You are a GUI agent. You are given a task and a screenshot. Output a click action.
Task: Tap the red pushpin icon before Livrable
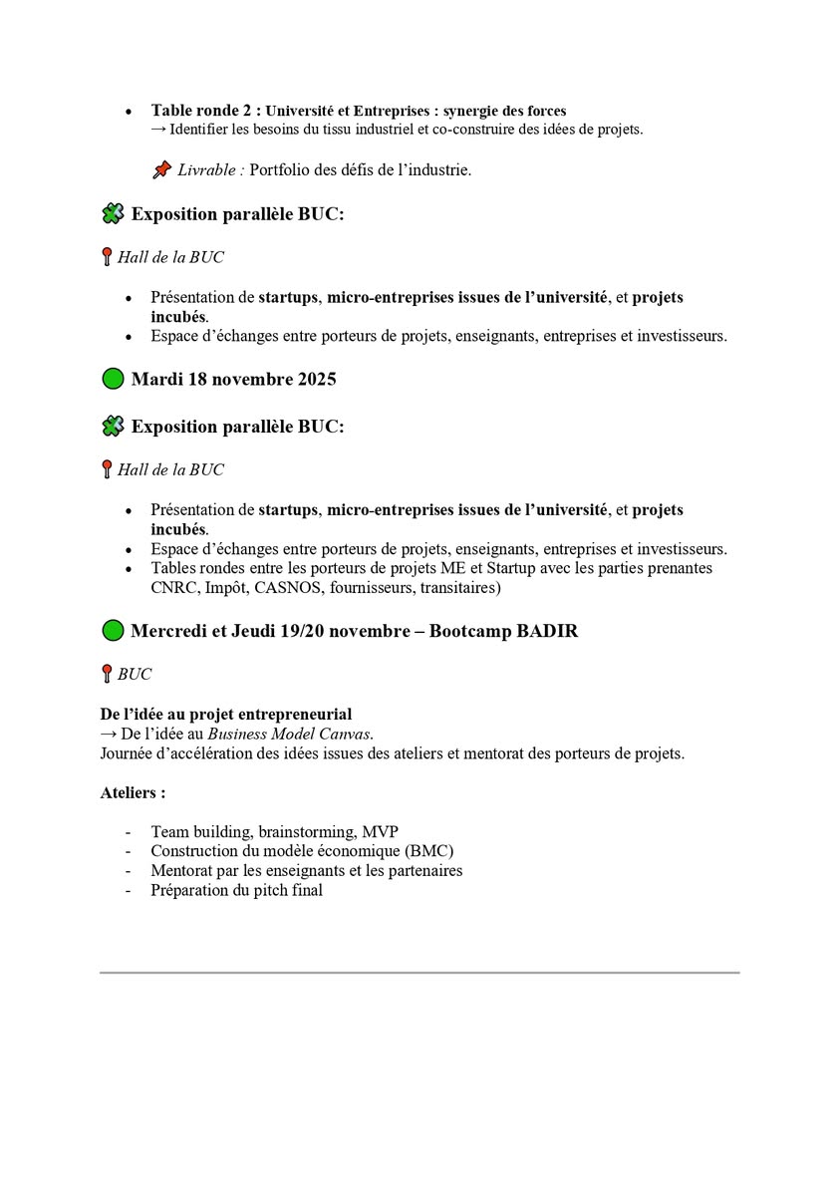point(161,170)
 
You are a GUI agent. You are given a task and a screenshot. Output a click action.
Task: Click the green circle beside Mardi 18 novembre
point(114,379)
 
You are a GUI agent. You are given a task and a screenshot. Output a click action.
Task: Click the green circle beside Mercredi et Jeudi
point(114,631)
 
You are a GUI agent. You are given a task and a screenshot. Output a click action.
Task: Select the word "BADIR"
point(547,631)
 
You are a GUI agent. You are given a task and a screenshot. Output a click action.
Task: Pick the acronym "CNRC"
point(174,588)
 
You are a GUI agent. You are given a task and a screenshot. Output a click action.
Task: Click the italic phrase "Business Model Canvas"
point(290,735)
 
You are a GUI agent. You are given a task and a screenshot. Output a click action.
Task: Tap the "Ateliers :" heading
point(133,793)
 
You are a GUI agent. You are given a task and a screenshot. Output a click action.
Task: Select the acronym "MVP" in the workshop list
point(381,831)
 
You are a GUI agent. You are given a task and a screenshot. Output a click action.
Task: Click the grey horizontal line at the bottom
point(420,972)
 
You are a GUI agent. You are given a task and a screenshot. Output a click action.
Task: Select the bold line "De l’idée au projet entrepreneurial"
point(225,715)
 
